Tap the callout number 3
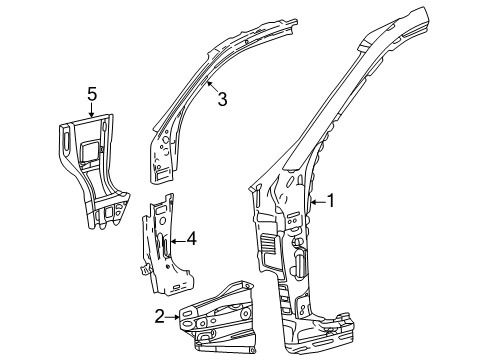(223, 97)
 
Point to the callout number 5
(91, 94)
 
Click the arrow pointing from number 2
(173, 316)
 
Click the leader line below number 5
(91, 109)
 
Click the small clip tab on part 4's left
(146, 267)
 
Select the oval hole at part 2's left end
(186, 319)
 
